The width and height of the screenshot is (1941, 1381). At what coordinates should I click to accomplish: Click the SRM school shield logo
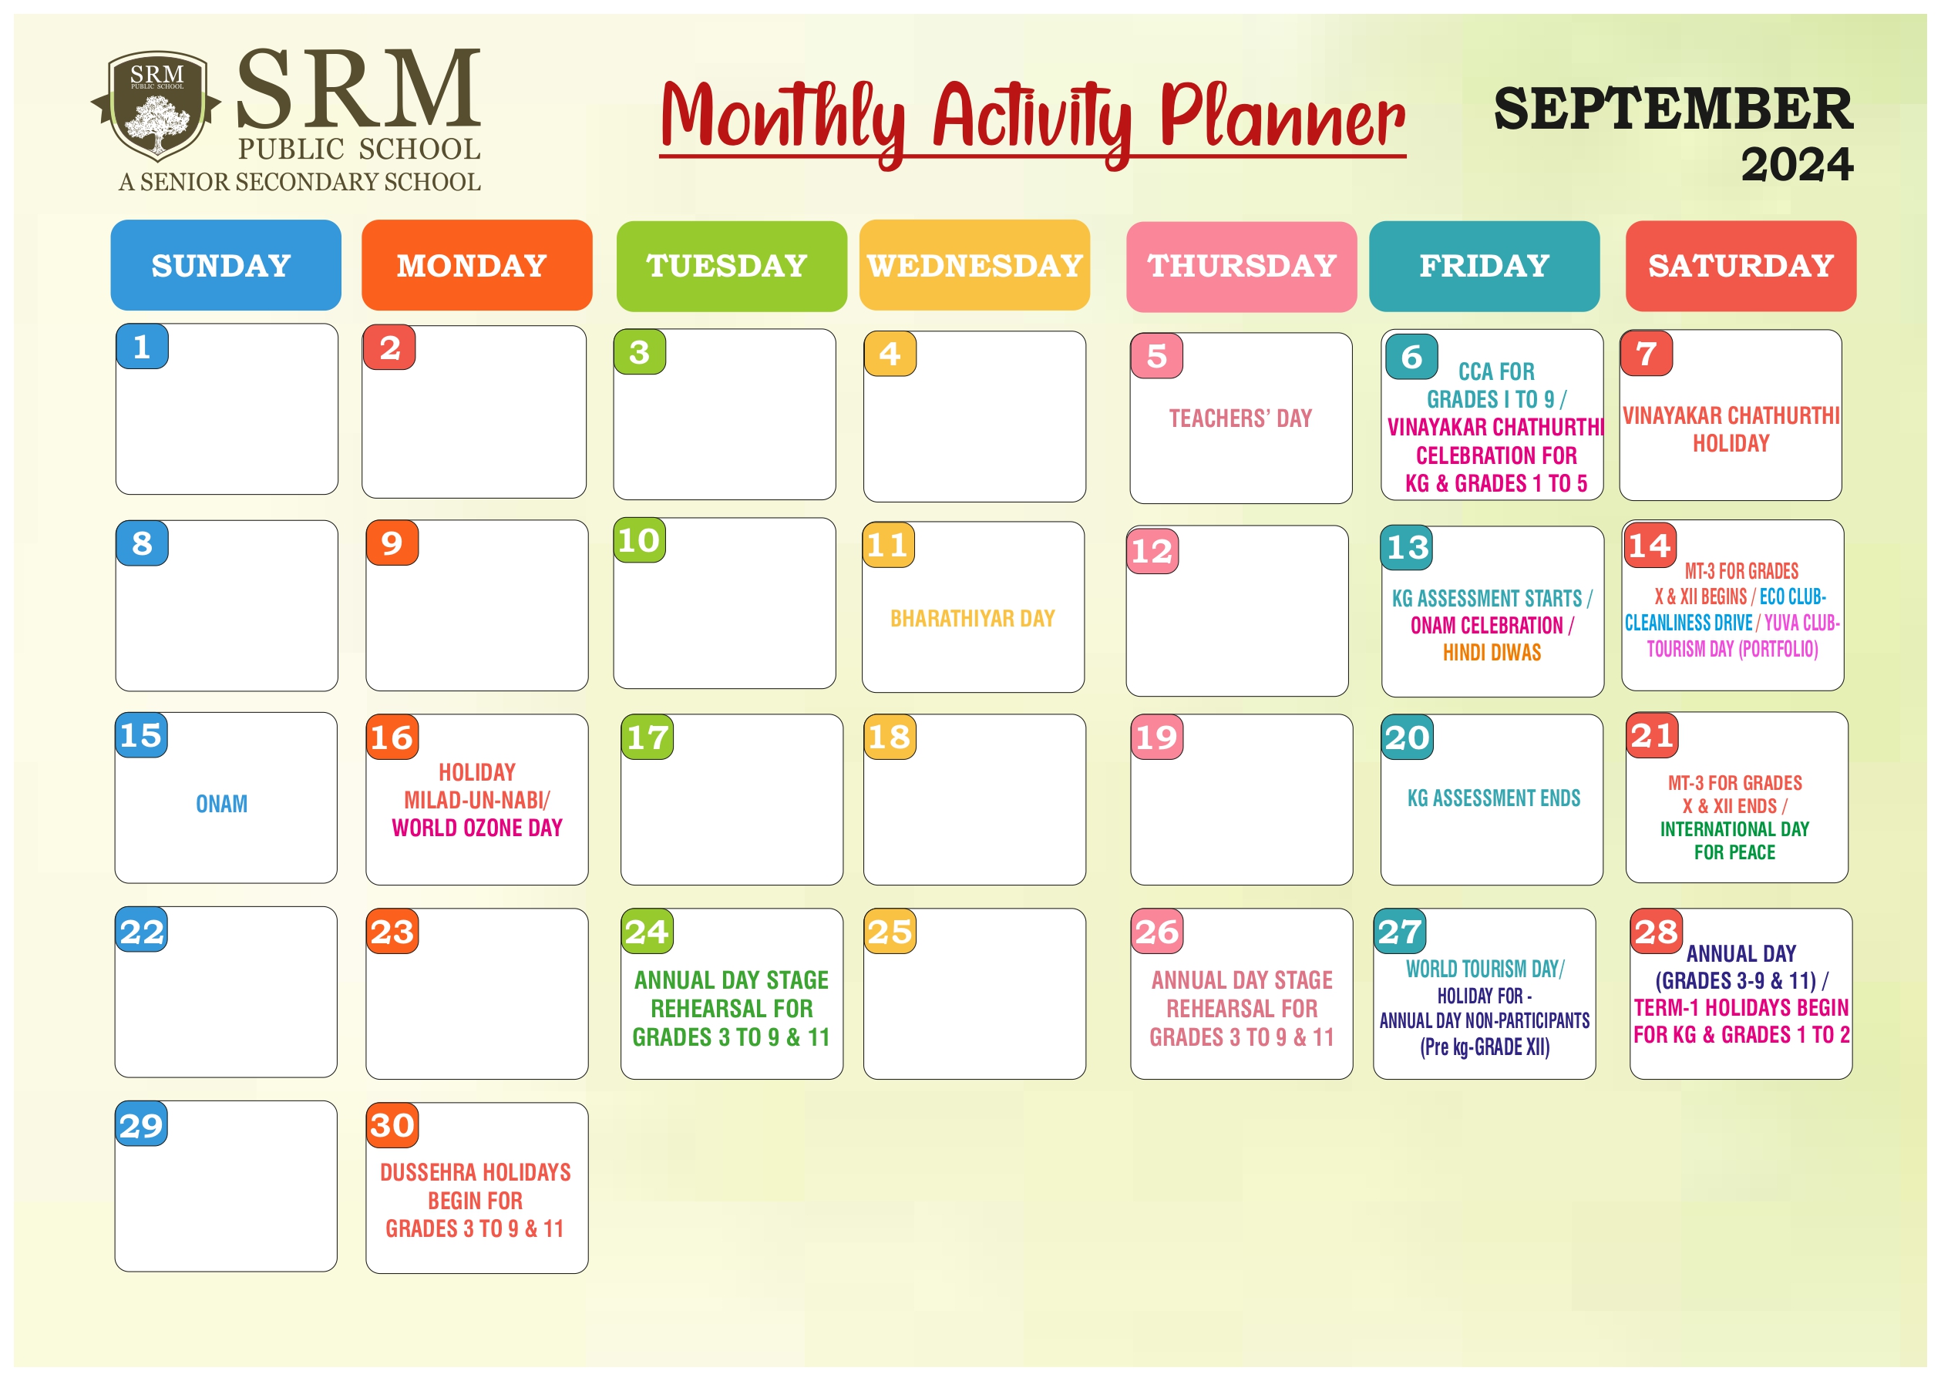click(156, 106)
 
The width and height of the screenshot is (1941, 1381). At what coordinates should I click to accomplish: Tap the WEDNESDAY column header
click(975, 265)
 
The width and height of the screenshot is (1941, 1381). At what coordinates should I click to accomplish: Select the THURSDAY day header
click(1242, 266)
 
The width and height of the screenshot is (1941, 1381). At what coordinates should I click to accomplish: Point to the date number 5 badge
click(1157, 355)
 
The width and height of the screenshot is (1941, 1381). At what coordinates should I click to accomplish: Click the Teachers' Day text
click(1240, 418)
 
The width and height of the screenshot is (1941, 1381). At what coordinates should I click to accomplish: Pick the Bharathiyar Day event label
click(973, 618)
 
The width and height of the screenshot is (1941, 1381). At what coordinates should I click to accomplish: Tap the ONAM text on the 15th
click(222, 804)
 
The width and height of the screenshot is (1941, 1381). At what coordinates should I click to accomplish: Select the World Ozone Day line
click(477, 828)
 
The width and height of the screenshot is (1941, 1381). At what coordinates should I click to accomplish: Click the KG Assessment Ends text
click(1494, 798)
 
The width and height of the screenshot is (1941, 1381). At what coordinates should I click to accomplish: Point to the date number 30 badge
click(392, 1125)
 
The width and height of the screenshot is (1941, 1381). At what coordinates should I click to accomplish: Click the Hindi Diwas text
click(1492, 652)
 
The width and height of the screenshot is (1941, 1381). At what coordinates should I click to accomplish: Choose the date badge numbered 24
click(648, 931)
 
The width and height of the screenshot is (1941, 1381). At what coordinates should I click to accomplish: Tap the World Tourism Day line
click(1485, 969)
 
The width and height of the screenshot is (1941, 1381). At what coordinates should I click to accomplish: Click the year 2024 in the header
click(1798, 164)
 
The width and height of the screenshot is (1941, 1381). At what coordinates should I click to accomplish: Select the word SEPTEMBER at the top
click(1674, 108)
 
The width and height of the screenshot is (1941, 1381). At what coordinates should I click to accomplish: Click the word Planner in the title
click(1283, 117)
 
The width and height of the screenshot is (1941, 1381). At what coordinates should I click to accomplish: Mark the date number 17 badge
click(648, 737)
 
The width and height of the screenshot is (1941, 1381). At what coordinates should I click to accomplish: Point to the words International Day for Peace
click(1734, 840)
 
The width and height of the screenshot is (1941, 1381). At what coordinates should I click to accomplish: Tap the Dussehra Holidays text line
click(476, 1173)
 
